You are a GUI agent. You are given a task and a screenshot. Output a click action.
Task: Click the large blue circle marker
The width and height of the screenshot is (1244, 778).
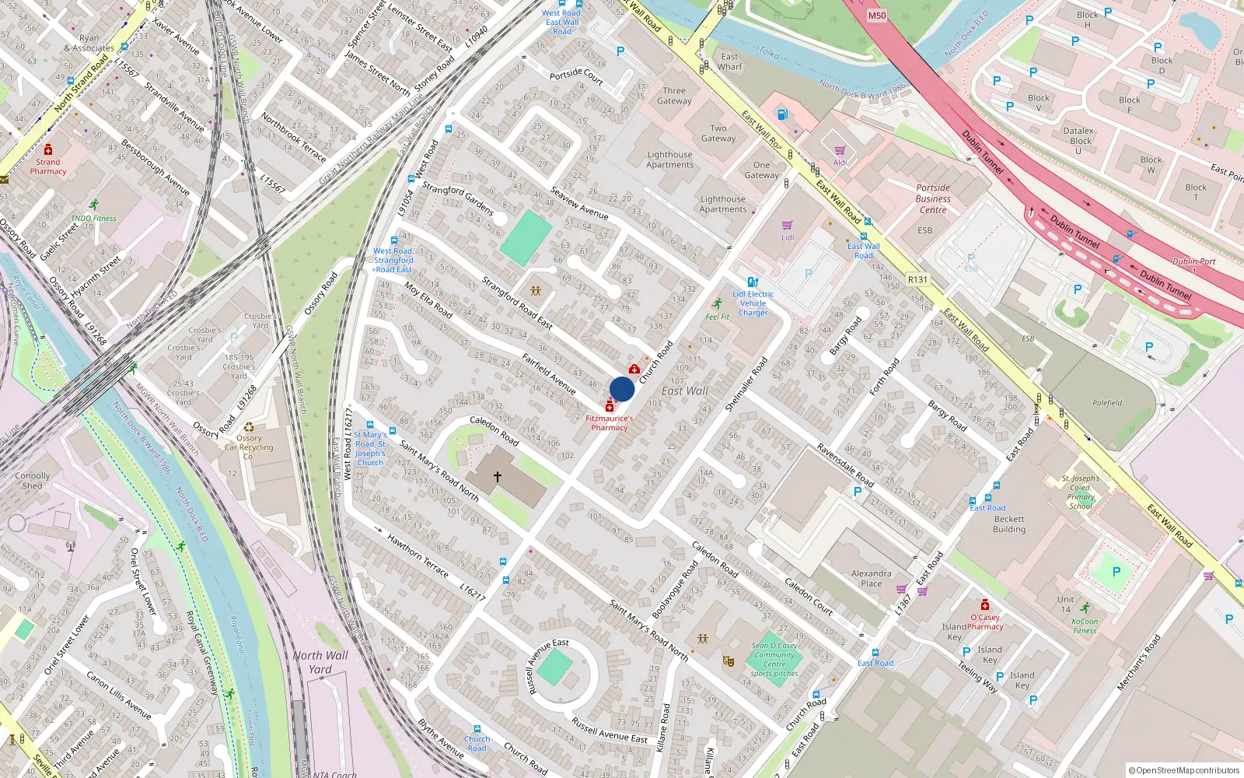[622, 389]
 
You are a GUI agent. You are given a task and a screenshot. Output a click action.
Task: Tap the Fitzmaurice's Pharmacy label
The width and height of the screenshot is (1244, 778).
[609, 422]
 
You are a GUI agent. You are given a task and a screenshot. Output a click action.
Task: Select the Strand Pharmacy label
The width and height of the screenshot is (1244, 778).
[48, 166]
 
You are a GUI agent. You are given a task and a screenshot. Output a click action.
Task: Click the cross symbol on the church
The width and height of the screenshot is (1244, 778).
[498, 476]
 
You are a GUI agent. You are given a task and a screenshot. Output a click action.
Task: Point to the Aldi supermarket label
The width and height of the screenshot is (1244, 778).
[840, 162]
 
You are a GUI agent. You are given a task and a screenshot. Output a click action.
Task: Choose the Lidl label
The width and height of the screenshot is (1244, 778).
[788, 237]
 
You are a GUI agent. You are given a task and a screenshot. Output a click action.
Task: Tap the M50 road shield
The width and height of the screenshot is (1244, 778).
[877, 16]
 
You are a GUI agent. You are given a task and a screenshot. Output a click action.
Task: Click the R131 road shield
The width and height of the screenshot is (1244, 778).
[917, 279]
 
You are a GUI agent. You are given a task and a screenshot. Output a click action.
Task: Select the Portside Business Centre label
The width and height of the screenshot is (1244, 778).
[933, 198]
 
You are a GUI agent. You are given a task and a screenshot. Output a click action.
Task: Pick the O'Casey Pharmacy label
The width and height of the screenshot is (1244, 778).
[985, 622]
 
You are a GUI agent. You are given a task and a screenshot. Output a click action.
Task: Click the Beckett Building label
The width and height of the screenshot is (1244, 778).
[1009, 524]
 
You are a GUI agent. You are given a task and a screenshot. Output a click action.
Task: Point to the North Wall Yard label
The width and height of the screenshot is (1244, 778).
[320, 662]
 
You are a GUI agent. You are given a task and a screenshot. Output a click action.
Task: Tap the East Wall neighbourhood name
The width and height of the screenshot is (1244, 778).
[685, 391]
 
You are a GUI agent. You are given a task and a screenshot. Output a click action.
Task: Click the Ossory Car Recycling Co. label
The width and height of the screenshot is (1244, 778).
[249, 447]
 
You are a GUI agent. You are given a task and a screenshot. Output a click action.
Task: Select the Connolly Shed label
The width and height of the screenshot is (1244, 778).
[32, 481]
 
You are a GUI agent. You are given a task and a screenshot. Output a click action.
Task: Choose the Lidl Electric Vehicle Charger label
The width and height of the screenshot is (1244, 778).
[753, 303]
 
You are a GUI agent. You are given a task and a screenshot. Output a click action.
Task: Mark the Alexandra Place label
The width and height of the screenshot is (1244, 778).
[871, 578]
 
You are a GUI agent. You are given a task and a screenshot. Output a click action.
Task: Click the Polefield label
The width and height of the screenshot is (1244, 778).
[1107, 403]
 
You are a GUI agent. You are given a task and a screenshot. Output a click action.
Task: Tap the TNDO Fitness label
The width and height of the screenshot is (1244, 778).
[93, 218]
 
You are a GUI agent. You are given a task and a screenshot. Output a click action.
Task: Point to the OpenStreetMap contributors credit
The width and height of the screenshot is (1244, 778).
[1183, 770]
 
